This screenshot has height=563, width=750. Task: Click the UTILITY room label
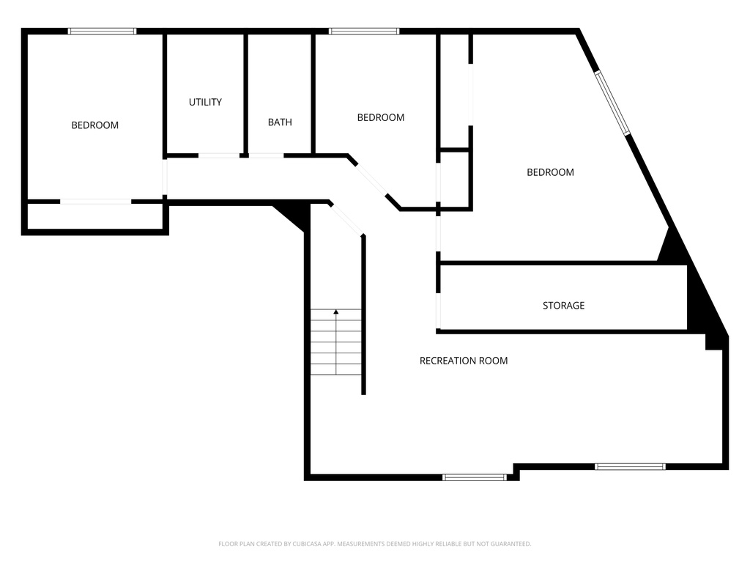pos(205,102)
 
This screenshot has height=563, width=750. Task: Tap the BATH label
pos(280,122)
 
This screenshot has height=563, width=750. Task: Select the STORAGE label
pos(563,306)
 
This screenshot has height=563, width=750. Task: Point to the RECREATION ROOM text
pos(464,361)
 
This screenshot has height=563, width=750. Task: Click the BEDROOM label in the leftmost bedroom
pos(94,125)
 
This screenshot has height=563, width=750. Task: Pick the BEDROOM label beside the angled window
pos(550,172)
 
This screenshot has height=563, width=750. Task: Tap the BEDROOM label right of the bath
pos(381,117)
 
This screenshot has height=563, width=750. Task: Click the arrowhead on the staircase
pos(336,312)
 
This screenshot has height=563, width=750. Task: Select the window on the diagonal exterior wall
pos(612,103)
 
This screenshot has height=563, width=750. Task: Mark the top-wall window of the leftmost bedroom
pos(102,32)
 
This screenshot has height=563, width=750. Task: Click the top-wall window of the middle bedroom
pos(364,32)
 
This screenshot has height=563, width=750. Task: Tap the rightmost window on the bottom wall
pos(630,466)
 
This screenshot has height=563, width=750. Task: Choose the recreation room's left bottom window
pos(474,476)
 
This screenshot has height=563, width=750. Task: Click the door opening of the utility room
pos(218,155)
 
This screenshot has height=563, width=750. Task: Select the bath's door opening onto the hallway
pos(267,155)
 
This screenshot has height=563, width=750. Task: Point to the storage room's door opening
pos(438,310)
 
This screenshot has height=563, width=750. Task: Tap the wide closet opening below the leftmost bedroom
pos(96,202)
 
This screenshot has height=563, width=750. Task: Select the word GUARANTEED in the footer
pos(513,544)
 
